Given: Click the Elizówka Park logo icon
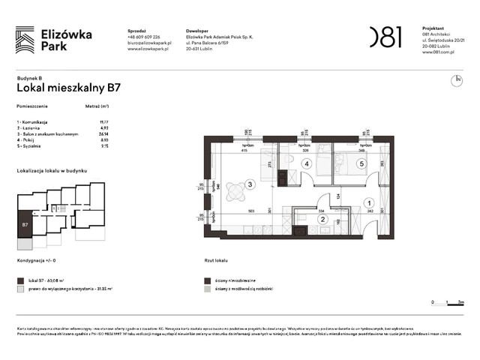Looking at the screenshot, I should coord(25,39).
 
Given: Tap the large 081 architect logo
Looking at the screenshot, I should coord(385,37).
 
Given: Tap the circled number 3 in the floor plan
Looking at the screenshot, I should coord(250,184).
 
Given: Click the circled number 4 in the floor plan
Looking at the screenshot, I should coord(306,163).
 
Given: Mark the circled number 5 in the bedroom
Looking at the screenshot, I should coord(361,163).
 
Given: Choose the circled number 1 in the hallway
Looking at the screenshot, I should coord(368,202).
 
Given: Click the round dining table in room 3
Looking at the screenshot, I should coord(234,191).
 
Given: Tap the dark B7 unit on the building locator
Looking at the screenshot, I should coord(25,224).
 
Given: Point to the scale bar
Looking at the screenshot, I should coord(448,304).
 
